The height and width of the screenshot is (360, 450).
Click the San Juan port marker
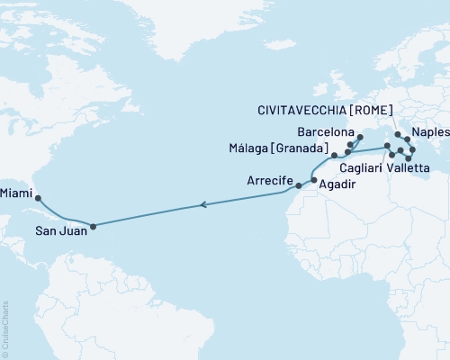[94, 226]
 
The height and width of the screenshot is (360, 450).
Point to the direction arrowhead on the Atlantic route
[202, 206]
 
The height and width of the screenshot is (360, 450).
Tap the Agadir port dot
[313, 180]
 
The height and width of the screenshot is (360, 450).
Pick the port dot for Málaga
[333, 155]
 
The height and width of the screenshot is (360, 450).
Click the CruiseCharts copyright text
[6, 328]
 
